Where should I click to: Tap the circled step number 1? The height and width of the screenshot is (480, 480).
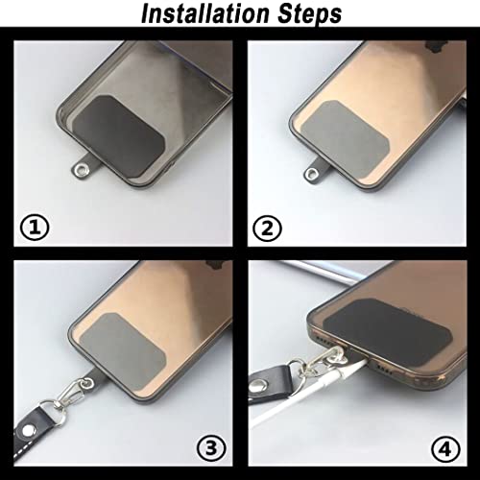coord(34,228)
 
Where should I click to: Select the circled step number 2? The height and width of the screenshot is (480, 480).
coord(266,228)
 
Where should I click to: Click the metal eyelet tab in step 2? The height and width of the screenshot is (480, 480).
coord(314,173)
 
